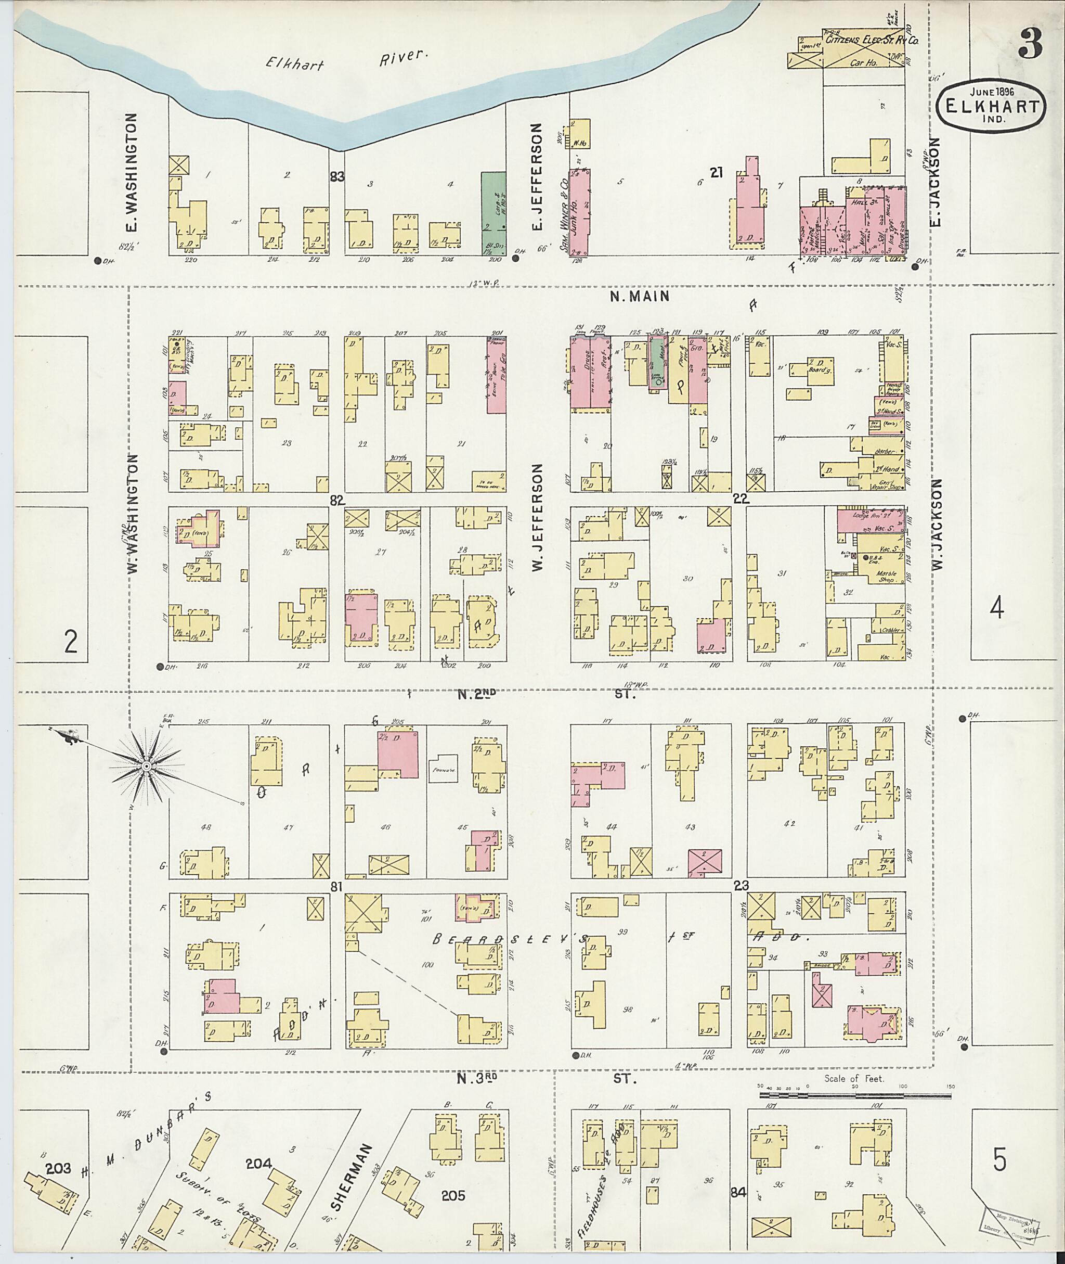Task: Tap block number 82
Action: pyautogui.click(x=337, y=500)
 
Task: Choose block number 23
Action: pyautogui.click(x=741, y=885)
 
